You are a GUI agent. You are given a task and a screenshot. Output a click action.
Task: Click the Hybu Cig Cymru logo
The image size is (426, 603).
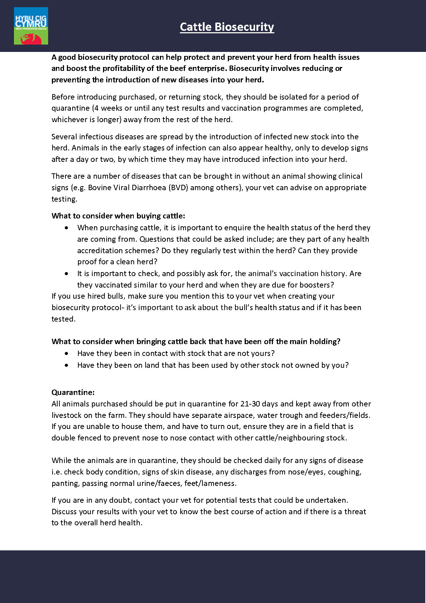tap(31, 26)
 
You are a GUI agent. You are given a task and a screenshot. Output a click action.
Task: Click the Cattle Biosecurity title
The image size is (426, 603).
tap(227, 27)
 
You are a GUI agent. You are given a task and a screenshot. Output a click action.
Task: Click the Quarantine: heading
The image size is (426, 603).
tap(73, 392)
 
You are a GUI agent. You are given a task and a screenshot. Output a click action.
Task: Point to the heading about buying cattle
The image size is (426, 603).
tap(118, 216)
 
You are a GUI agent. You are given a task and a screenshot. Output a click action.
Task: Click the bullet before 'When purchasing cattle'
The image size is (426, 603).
tap(67, 228)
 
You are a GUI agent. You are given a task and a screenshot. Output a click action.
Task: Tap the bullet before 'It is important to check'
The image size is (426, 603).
tap(67, 274)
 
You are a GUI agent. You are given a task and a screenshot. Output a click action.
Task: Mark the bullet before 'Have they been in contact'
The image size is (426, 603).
tap(67, 353)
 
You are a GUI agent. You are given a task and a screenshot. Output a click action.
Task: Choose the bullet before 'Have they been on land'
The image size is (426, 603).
tap(67, 365)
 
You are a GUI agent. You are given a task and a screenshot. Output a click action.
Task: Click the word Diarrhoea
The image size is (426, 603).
tap(149, 188)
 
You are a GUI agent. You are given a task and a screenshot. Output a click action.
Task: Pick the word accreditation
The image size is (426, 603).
tap(101, 251)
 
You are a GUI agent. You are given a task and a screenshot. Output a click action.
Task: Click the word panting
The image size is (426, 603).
tap(65, 483)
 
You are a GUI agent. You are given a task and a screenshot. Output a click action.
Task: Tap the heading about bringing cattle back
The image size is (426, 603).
tap(196, 342)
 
